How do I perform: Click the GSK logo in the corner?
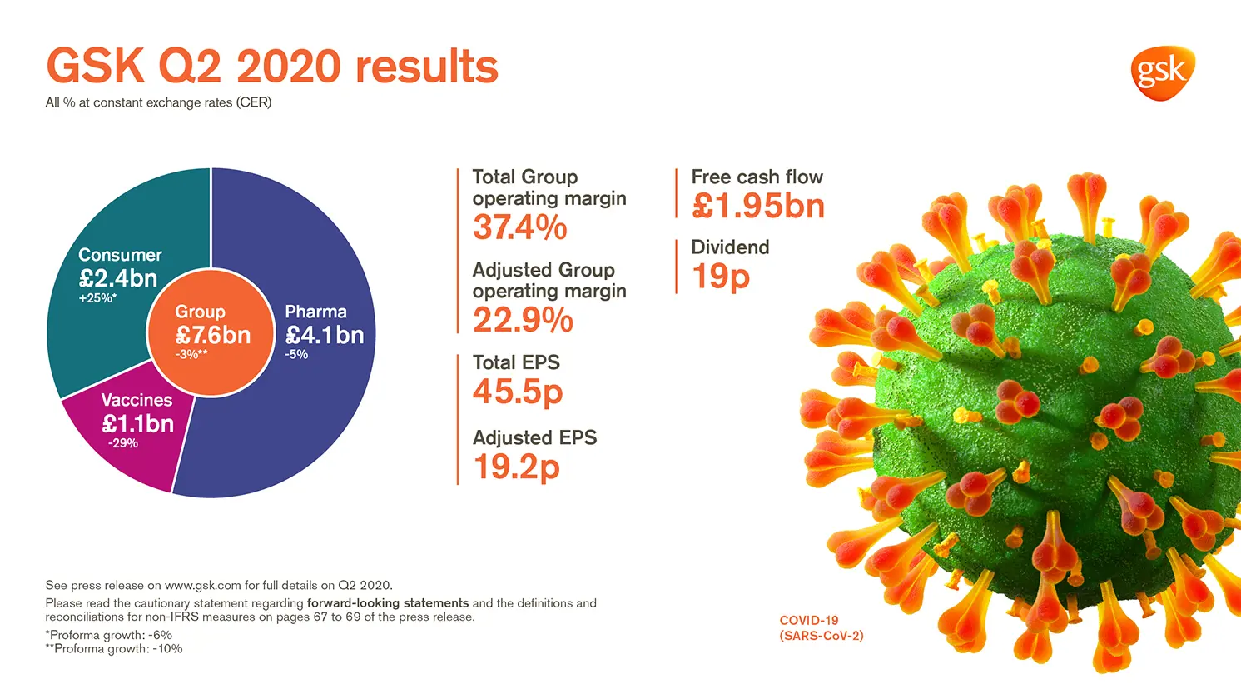point(1162,72)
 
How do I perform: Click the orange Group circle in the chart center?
point(211,332)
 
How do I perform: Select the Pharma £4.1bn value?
point(325,335)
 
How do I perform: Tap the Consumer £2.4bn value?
point(118,278)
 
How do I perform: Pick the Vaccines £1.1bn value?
point(138,423)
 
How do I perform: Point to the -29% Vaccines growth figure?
point(123,443)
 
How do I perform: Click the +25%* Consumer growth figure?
point(97,298)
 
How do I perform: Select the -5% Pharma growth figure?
point(296,355)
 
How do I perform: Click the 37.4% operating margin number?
point(520,227)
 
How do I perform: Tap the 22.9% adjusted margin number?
point(523,320)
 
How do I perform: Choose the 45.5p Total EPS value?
point(518,392)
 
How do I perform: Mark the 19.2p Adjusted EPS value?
point(516,467)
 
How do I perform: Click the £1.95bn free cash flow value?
point(757,207)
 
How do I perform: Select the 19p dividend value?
point(721,277)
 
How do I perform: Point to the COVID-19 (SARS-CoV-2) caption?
point(821,628)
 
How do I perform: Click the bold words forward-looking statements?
point(388,603)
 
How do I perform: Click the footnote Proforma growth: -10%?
point(114,649)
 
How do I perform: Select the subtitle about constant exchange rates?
point(158,102)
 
